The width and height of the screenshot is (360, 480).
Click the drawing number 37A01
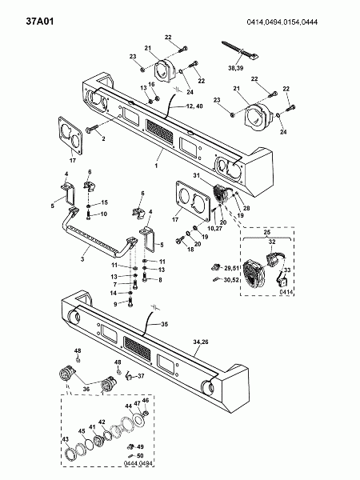[x=40, y=22]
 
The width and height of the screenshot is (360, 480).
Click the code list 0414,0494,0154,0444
[x=282, y=22]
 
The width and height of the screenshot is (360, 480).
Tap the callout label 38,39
[x=235, y=68]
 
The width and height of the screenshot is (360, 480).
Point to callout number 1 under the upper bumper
[x=156, y=166]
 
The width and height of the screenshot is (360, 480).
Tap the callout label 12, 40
[x=194, y=106]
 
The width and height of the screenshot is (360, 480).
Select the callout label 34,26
[x=201, y=342]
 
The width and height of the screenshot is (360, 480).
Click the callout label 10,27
[x=214, y=228]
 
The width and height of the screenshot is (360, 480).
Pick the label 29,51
[x=231, y=268]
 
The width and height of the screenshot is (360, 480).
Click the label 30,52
[x=231, y=279]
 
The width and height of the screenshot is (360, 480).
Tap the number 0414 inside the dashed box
[x=286, y=292]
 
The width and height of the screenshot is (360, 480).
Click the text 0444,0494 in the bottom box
[x=138, y=463]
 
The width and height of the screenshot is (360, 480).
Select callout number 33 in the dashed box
[x=287, y=270]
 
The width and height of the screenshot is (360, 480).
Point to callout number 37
[x=141, y=376]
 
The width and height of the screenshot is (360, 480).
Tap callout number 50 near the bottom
[x=140, y=456]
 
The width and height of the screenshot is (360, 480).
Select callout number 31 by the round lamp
[x=197, y=175]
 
